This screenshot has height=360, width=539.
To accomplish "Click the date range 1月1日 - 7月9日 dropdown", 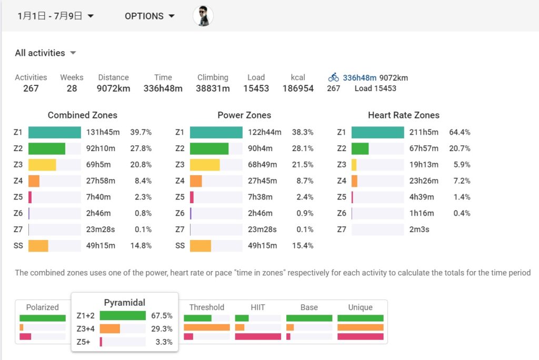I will [x=56, y=16].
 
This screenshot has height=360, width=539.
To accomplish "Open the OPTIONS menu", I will [x=149, y=16].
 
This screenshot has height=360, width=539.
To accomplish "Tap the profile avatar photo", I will [x=203, y=16].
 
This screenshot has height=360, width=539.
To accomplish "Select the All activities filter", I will [x=46, y=53].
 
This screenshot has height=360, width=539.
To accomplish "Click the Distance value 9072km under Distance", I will [x=113, y=88].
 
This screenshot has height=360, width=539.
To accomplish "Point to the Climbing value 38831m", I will [x=213, y=88].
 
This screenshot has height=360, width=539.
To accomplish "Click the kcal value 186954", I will [x=298, y=88].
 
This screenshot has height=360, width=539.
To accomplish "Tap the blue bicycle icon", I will [x=334, y=78].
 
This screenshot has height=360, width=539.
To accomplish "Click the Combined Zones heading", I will [x=83, y=115].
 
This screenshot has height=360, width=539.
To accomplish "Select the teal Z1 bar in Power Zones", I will [x=216, y=133].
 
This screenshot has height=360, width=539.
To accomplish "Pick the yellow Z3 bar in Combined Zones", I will [x=42, y=165].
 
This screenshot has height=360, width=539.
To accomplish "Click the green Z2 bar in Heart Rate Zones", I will [x=360, y=148].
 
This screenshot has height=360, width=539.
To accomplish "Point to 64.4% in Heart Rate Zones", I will [x=460, y=133].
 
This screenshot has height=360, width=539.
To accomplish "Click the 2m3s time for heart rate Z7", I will [x=420, y=229].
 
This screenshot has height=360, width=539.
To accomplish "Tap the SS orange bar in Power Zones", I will [x=201, y=246].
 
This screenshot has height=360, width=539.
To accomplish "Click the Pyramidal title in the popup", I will [x=125, y=303].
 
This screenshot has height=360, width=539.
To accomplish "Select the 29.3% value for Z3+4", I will [x=162, y=329].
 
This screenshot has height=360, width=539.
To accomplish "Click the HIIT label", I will [x=257, y=307].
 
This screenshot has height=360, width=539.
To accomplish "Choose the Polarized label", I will [x=43, y=307].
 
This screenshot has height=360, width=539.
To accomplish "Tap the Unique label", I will [x=361, y=307].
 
